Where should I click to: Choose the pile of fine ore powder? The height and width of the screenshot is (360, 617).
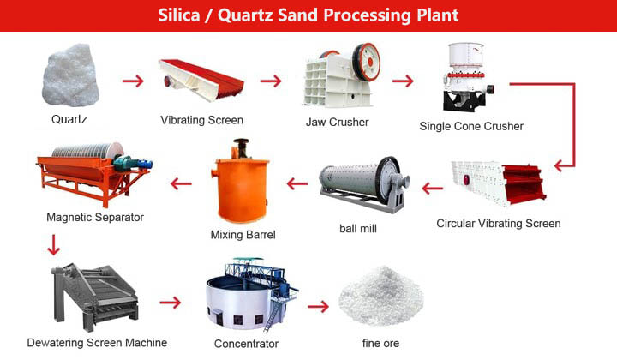380,300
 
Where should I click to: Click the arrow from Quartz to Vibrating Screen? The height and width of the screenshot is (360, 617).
132,81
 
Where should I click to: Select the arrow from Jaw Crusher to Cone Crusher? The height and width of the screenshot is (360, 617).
403,81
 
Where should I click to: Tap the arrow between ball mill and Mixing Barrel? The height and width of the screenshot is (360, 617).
297,183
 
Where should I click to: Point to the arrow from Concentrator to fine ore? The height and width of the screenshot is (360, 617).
319,306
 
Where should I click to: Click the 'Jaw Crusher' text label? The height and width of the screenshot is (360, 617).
337,122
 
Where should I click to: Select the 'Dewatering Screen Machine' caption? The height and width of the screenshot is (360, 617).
96,343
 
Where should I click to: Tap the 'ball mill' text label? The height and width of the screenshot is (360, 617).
357,229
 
